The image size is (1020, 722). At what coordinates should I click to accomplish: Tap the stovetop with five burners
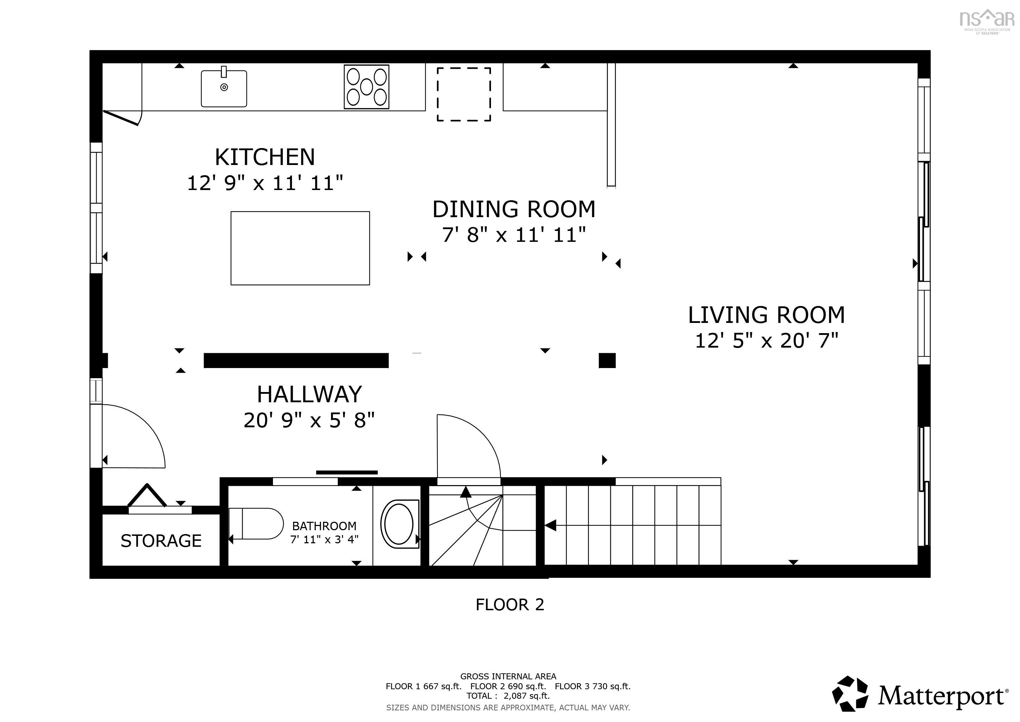pyautogui.click(x=367, y=87)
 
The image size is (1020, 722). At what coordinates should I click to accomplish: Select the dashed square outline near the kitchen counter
pyautogui.click(x=464, y=94)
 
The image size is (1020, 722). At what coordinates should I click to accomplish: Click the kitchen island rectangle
pyautogui.click(x=300, y=248)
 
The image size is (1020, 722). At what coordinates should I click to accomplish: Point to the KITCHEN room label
pyautogui.click(x=265, y=157)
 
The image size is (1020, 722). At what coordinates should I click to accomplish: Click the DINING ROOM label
pyautogui.click(x=514, y=209)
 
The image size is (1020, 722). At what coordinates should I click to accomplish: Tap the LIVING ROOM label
pyautogui.click(x=766, y=315)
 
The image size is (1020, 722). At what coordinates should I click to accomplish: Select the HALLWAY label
pyautogui.click(x=309, y=394)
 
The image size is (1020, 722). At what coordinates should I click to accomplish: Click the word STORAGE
pyautogui.click(x=161, y=540)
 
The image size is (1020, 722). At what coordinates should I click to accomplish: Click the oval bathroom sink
pyautogui.click(x=399, y=524)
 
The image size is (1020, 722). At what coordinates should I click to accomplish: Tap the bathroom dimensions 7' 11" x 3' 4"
pyautogui.click(x=324, y=540)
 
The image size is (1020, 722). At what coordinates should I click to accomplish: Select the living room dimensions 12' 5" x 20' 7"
pyautogui.click(x=766, y=341)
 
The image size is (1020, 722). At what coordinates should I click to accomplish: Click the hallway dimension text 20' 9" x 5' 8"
pyautogui.click(x=309, y=420)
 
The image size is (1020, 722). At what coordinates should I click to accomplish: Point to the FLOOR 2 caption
pyautogui.click(x=510, y=605)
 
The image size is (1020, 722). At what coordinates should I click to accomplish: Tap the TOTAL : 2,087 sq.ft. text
pyautogui.click(x=508, y=696)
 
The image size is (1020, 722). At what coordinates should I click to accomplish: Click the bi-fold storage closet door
pyautogui.click(x=147, y=496)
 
